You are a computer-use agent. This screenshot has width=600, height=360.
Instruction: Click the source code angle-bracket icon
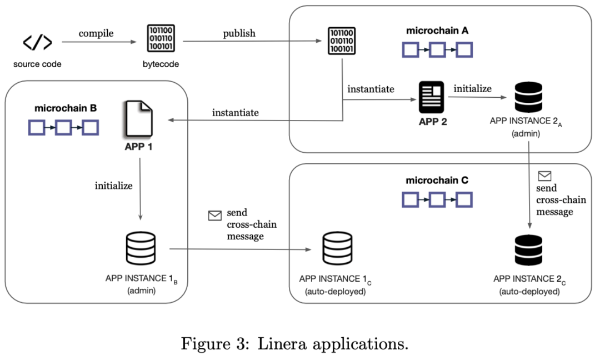[37, 42]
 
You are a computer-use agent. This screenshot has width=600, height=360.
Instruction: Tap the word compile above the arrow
[96, 33]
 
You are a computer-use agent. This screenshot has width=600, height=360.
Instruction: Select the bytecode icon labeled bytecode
[161, 39]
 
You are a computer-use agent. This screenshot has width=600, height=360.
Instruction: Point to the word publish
[239, 33]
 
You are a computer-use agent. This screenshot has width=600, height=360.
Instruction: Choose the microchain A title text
[437, 31]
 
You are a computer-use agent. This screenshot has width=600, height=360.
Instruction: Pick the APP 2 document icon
[432, 98]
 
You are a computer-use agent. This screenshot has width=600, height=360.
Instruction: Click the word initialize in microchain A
[472, 89]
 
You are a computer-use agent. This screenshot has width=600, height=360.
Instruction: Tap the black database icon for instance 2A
[528, 97]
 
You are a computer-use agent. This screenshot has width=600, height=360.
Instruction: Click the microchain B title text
[66, 108]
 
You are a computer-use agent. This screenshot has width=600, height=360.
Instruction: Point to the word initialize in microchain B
[114, 186]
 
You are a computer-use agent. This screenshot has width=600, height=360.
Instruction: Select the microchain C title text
[437, 181]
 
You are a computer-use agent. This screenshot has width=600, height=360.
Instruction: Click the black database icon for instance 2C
[528, 251]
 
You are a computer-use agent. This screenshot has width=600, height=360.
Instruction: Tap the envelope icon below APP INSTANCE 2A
[544, 176]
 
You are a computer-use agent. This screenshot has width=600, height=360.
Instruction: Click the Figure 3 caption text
[294, 343]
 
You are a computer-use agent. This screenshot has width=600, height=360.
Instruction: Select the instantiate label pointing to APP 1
[236, 113]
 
